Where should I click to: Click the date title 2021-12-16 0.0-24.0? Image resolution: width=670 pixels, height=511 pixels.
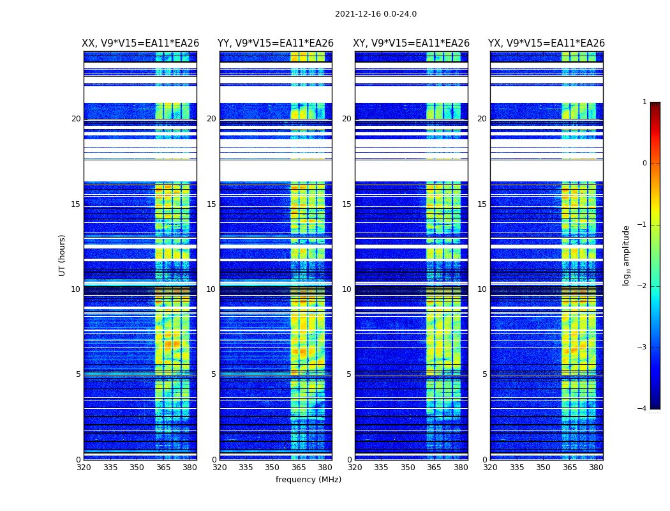coord(375,14)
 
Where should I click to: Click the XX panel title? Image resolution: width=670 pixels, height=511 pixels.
coord(140,43)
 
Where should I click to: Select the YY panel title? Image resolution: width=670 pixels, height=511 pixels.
coord(276,43)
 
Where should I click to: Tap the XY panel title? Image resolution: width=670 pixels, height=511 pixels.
coord(412,43)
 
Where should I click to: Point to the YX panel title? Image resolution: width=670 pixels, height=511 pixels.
coord(546,43)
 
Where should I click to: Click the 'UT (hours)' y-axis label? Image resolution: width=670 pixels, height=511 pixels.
coord(62,255)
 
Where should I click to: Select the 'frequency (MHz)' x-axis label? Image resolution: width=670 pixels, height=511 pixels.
coord(308,480)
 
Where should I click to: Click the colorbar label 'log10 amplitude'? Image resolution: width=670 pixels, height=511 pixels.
coord(626,255)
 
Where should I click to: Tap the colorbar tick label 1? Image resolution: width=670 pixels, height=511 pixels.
coord(644,102)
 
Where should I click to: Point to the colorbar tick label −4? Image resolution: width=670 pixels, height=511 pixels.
coord(643,409)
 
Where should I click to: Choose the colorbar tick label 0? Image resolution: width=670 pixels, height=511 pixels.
coord(644,164)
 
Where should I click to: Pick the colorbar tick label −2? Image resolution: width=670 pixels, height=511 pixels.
coord(643,286)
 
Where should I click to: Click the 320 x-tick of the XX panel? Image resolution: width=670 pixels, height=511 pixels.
coord(84,468)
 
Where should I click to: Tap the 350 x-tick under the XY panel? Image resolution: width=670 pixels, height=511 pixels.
coord(408,468)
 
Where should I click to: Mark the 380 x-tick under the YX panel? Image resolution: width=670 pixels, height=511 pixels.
coord(596,468)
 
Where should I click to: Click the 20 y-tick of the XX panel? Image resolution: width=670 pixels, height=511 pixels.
coord(76,119)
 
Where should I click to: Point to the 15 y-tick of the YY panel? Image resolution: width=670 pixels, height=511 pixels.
coord(211,204)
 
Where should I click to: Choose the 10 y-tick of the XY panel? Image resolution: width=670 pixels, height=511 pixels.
coord(346,289)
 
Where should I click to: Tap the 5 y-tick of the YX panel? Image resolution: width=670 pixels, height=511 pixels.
coord(484,374)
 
